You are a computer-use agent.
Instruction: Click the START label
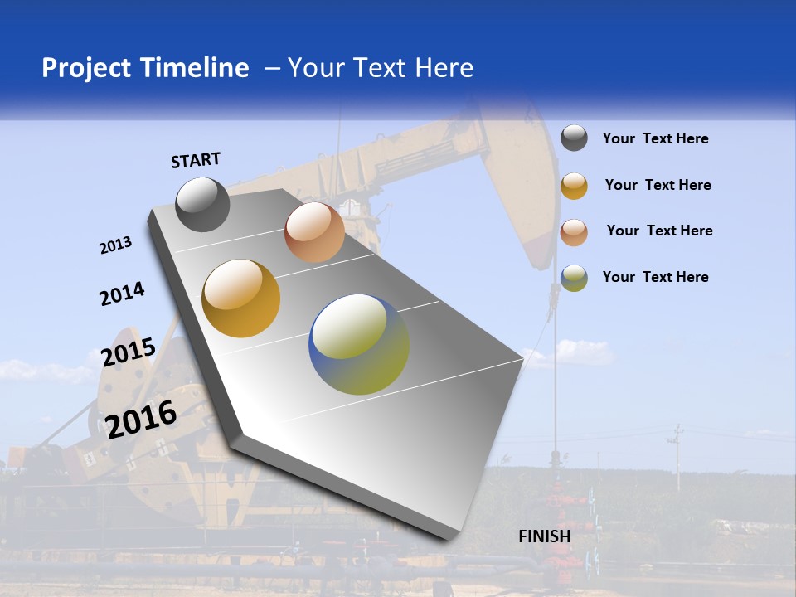(x=196, y=160)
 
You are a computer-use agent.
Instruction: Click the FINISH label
(x=545, y=536)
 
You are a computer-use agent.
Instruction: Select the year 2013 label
(x=115, y=245)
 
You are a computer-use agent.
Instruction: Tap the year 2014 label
(x=122, y=294)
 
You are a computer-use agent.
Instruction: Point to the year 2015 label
(x=128, y=352)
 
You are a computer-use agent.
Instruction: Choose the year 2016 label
(x=141, y=419)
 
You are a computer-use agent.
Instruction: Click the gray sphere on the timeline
(x=202, y=204)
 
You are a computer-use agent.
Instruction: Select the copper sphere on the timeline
(x=314, y=232)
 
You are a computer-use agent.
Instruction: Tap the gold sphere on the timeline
(x=240, y=298)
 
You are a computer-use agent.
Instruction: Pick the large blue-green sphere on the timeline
(x=359, y=344)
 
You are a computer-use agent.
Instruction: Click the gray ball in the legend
(x=574, y=138)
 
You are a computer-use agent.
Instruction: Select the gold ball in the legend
(x=574, y=186)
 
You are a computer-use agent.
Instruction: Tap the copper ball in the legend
(x=574, y=232)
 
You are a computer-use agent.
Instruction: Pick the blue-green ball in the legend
(x=574, y=278)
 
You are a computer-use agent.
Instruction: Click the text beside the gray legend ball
(x=655, y=138)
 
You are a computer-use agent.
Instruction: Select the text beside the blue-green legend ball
(x=655, y=277)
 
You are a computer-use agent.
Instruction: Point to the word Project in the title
(x=86, y=68)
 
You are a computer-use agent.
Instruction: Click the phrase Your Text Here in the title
(x=381, y=68)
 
